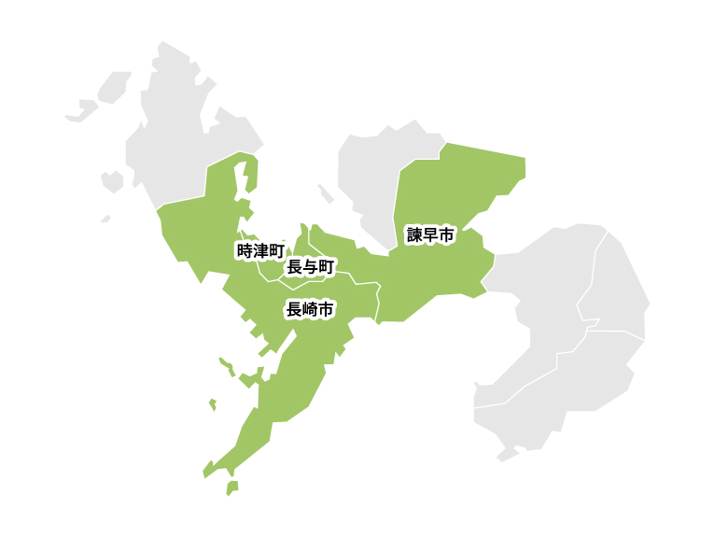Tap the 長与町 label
tap(310, 268)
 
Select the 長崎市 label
tap(310, 310)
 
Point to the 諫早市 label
tap(430, 235)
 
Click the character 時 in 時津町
tap(245, 250)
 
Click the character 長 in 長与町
tap(294, 268)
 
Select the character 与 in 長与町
tap(310, 268)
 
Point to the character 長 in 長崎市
tap(294, 310)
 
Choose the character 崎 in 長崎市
tap(310, 310)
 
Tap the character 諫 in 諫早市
tap(414, 235)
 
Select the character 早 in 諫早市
tap(430, 235)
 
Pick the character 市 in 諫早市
tap(446, 235)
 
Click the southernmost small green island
tap(231, 488)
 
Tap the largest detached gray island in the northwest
tap(114, 87)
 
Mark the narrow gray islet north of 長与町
tap(326, 193)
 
